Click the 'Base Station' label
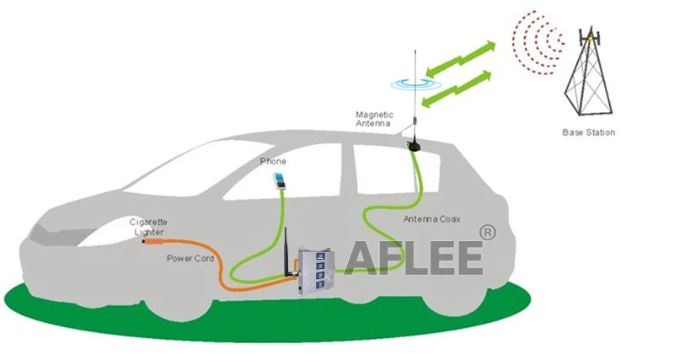588,132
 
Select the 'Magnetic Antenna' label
373,120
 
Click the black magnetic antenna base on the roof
413,145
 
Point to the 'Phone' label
272,161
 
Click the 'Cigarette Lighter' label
147,226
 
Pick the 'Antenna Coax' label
432,219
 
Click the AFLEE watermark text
413,256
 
